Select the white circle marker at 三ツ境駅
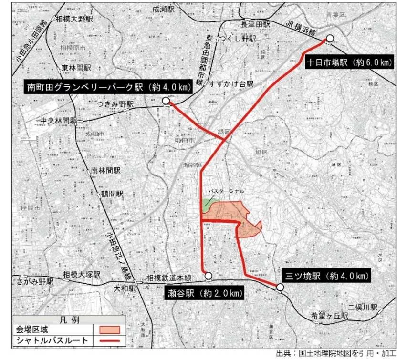(280, 287)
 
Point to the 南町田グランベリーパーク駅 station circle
(166, 101)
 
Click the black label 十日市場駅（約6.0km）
(349, 62)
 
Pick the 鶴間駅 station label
(112, 194)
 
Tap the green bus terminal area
(205, 205)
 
